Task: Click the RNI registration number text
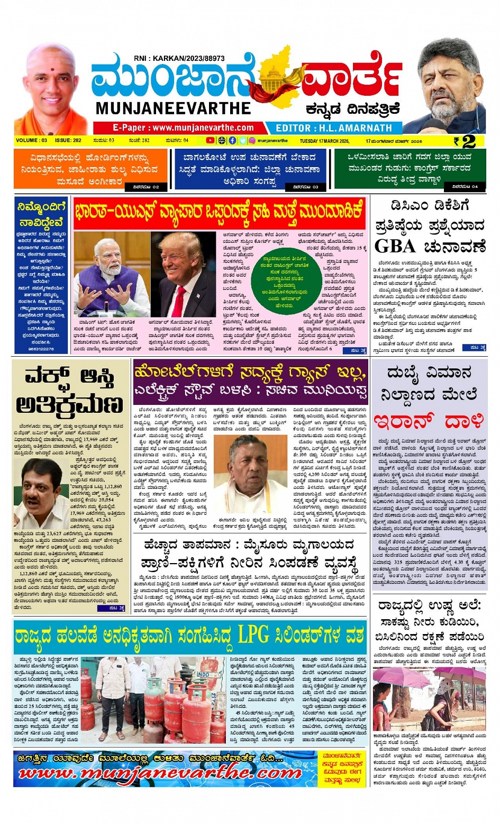pos(179,58)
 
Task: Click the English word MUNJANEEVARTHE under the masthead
pos(173,108)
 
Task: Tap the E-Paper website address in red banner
pos(183,128)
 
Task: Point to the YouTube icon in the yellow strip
pos(210,141)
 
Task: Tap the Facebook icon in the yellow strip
pos(232,141)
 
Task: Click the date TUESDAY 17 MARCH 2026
pos(324,141)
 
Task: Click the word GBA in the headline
pos(395,247)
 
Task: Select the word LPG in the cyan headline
pos(253,635)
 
